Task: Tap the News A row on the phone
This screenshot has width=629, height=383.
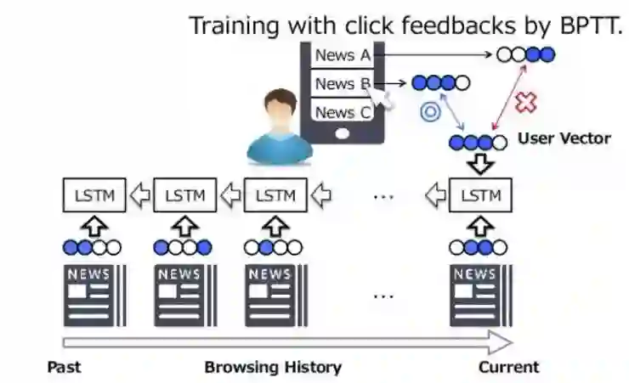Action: click(x=343, y=56)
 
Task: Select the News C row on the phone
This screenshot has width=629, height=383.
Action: click(x=343, y=112)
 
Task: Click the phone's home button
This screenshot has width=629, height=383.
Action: click(x=343, y=133)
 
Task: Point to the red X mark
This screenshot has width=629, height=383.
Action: click(x=527, y=103)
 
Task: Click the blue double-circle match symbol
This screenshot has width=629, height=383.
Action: click(x=430, y=111)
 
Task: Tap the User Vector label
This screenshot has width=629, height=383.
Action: click(x=564, y=138)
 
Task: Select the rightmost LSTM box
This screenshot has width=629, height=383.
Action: click(x=480, y=195)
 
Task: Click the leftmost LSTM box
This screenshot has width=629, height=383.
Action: click(x=95, y=195)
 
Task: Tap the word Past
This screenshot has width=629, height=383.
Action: click(x=64, y=367)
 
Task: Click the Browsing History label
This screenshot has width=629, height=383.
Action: click(x=273, y=367)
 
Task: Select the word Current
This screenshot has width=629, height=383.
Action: click(x=508, y=367)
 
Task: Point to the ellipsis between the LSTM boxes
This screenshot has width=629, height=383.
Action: click(x=384, y=196)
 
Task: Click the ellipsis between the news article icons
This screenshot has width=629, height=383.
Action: click(x=384, y=296)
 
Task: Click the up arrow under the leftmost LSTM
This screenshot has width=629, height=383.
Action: click(x=94, y=226)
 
